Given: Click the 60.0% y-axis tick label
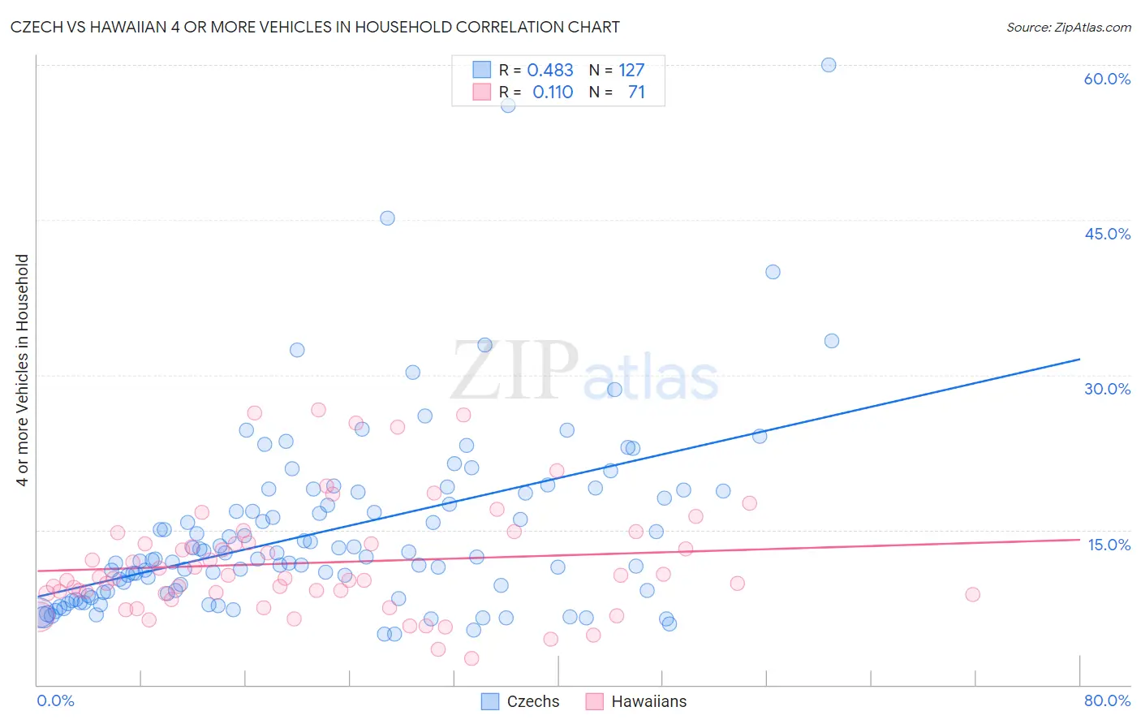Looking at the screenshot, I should [x=1107, y=79].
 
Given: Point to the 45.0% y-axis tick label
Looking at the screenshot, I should [x=1107, y=234].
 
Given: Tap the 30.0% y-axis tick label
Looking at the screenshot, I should [x=1107, y=389].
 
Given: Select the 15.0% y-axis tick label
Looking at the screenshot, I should [x=1109, y=545].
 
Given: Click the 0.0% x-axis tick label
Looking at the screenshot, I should [x=55, y=700].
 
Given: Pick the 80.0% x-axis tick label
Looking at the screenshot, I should [x=1107, y=700].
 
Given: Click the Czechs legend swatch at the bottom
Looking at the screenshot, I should [x=490, y=701].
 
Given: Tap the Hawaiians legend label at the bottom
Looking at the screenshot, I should [x=648, y=701].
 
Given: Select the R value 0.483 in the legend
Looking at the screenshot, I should [x=550, y=71].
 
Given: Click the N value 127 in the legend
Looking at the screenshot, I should [x=631, y=71].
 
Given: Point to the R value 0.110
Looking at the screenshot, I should [x=553, y=93].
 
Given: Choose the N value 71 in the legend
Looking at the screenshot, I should [x=636, y=93].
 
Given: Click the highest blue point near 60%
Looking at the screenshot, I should [x=829, y=65].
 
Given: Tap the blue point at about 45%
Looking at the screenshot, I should [x=387, y=218].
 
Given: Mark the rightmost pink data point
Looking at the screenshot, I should [x=972, y=594].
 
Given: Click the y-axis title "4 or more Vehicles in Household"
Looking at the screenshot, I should [x=23, y=370].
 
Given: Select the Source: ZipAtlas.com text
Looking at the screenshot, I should [x=1068, y=27].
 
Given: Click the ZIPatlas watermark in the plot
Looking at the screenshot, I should [x=584, y=372].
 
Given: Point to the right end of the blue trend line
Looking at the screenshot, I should [x=1079, y=359].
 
